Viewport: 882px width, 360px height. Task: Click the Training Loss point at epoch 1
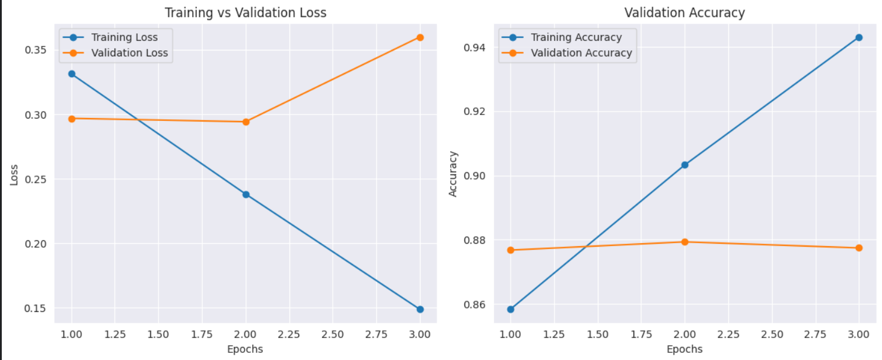coord(72,74)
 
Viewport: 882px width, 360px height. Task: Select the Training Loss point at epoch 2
coord(246,195)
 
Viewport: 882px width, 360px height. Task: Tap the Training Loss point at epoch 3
coord(420,309)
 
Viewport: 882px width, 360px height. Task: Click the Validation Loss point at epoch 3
coord(420,37)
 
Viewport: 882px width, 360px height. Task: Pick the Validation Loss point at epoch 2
coord(246,122)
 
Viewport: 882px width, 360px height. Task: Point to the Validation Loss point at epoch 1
coord(72,119)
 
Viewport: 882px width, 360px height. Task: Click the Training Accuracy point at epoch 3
coord(858,37)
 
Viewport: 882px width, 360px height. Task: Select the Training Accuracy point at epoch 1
coord(510,309)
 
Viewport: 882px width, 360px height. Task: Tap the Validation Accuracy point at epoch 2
coord(684,242)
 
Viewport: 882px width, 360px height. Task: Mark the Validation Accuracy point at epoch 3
coord(858,248)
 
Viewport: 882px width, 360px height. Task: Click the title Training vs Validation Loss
coord(246,12)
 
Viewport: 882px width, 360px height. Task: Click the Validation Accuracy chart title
coord(684,12)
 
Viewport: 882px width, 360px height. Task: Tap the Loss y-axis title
coord(15,174)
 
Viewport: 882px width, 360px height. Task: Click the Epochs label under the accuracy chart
coord(684,349)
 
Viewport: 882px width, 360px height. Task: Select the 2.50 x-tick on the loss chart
coord(333,334)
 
